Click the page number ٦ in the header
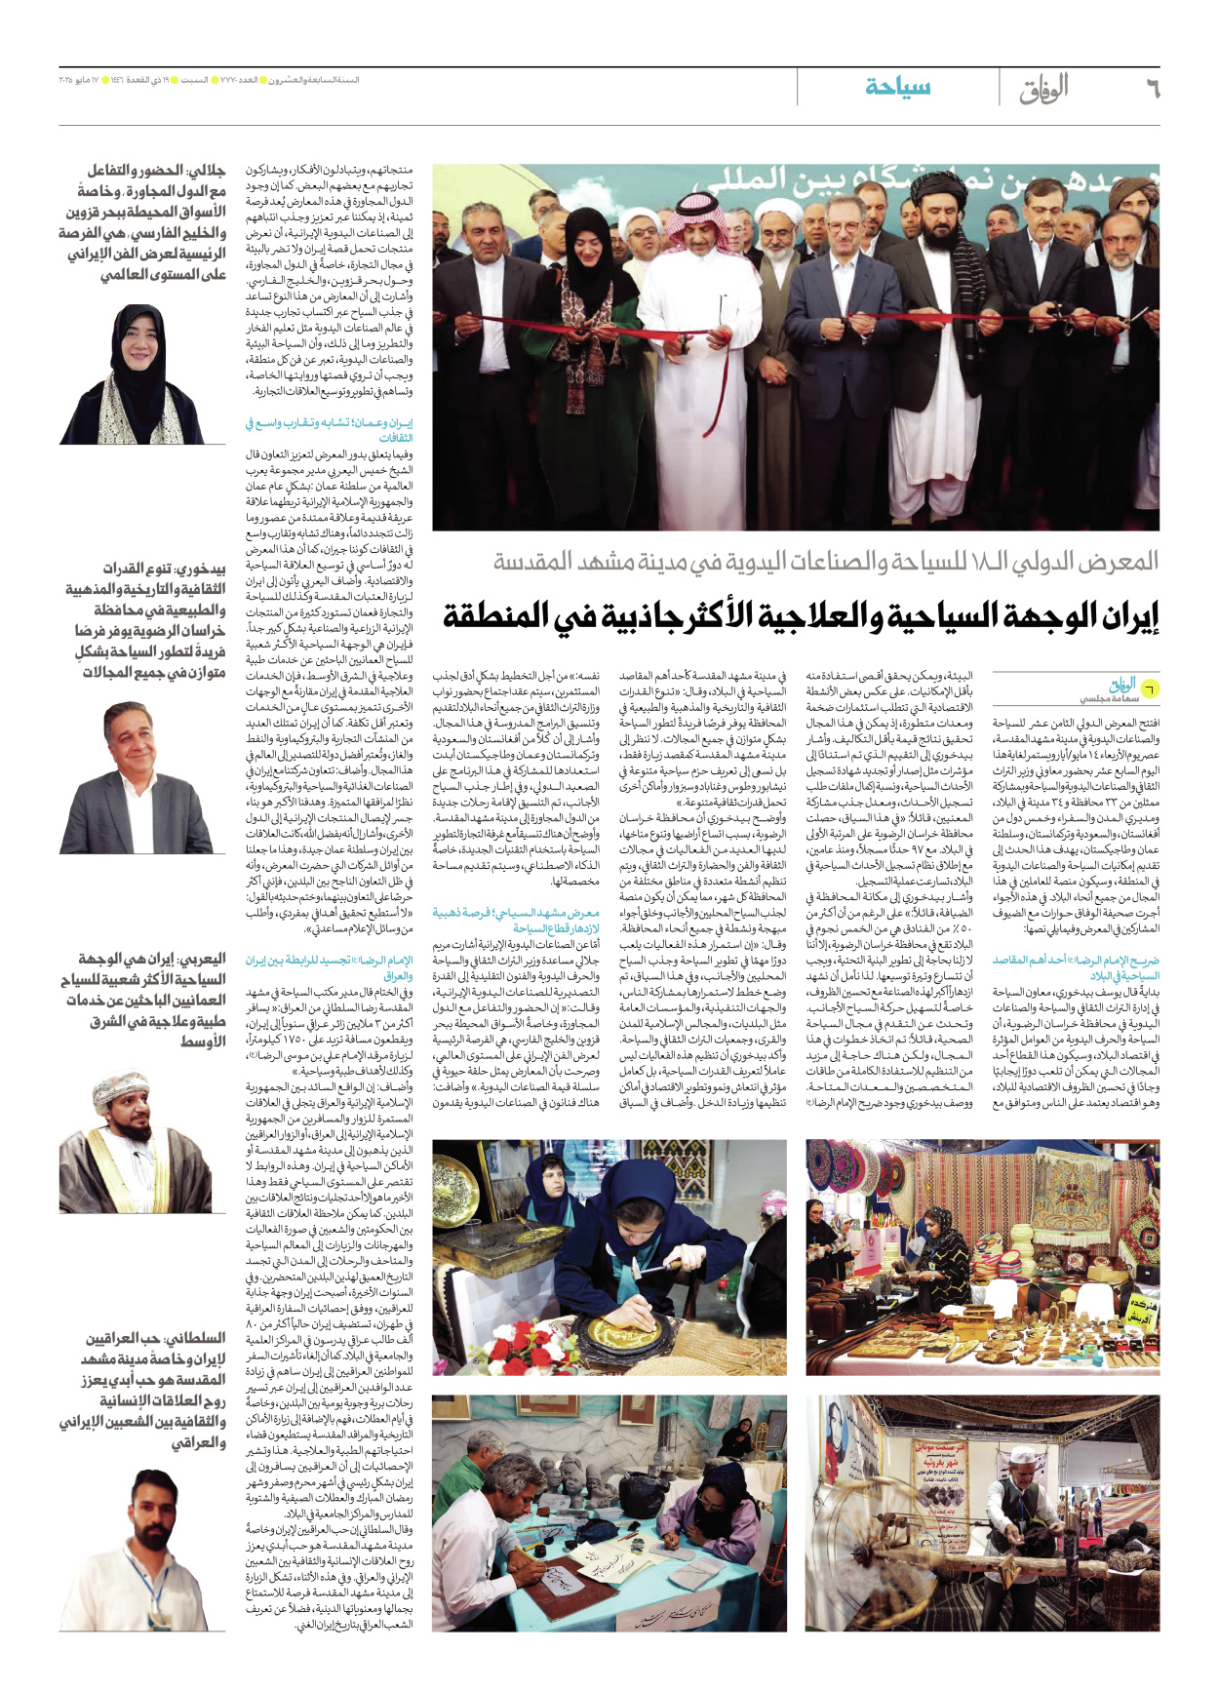click(x=1151, y=89)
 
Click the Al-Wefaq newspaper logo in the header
click(x=1044, y=89)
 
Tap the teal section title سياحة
click(x=897, y=87)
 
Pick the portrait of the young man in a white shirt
click(x=146, y=1560)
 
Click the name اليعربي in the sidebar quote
click(x=201, y=959)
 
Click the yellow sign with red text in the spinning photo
click(x=940, y=1475)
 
